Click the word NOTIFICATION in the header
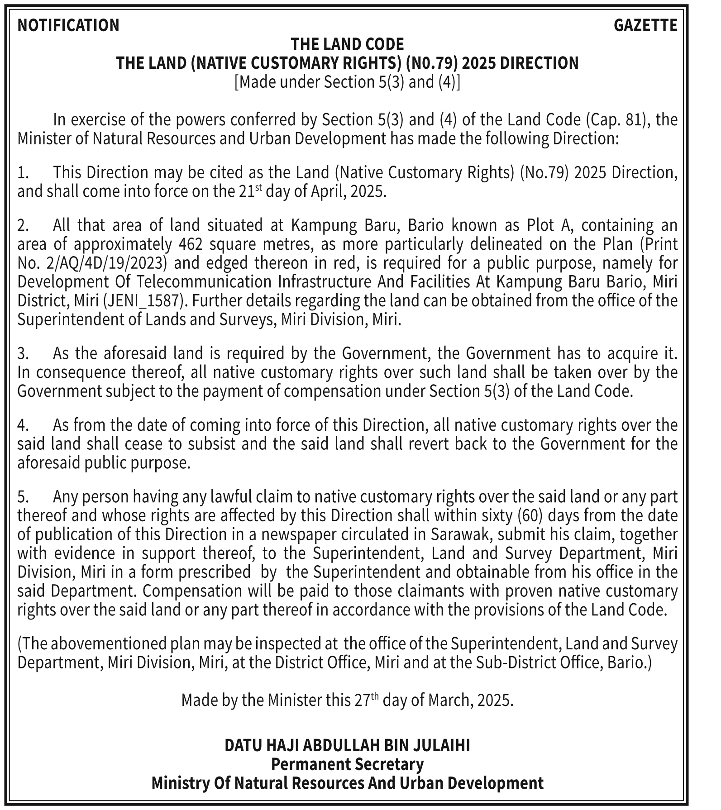point(68,25)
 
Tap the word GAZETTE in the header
point(645,25)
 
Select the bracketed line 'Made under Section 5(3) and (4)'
point(347,82)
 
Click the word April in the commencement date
point(328,192)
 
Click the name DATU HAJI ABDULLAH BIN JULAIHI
point(347,745)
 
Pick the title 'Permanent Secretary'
point(347,764)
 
